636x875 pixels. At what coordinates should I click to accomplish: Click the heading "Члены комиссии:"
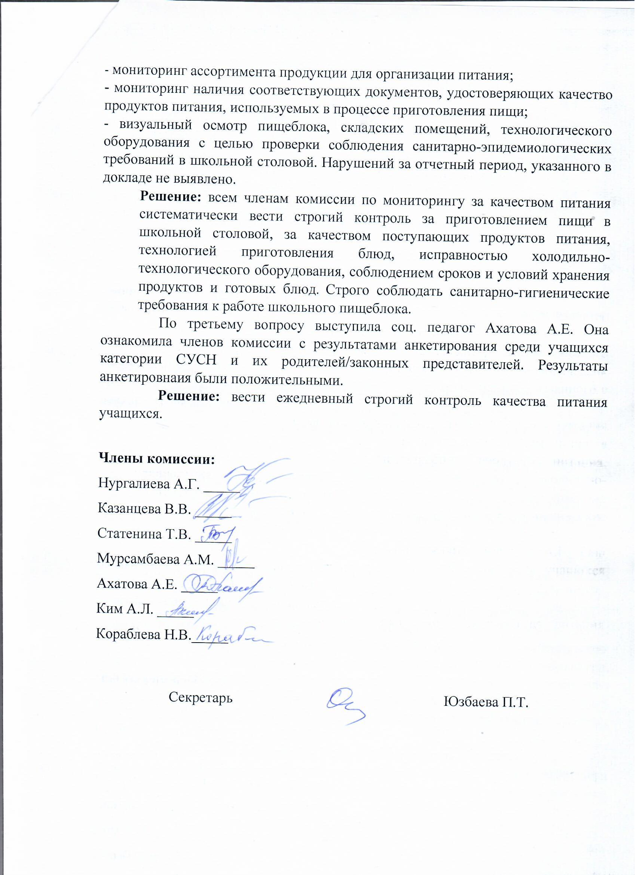pyautogui.click(x=157, y=459)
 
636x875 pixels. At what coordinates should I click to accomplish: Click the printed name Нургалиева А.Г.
pyautogui.click(x=149, y=484)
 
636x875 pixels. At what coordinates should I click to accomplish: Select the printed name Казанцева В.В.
pyautogui.click(x=144, y=509)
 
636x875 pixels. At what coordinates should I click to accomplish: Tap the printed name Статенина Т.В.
pyautogui.click(x=144, y=534)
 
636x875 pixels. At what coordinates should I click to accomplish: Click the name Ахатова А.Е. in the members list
pyautogui.click(x=137, y=584)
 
